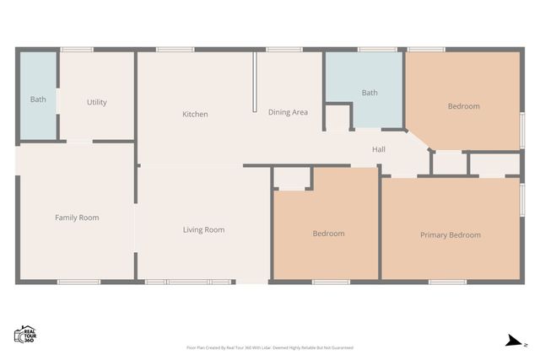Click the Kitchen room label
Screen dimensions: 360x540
click(195, 114)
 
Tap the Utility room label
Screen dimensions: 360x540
click(97, 102)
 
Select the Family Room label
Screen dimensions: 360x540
click(77, 218)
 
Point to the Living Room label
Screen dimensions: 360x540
click(203, 229)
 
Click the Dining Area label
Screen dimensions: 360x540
click(288, 112)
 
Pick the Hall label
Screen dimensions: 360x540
click(379, 149)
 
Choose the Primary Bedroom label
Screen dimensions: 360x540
click(451, 234)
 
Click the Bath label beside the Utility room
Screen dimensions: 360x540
click(38, 99)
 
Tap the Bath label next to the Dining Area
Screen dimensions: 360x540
click(370, 93)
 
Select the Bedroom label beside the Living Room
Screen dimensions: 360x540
click(328, 234)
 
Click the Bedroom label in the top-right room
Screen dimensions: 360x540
click(463, 106)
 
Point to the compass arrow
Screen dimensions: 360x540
click(511, 341)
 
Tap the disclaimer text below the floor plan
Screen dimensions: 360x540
click(269, 347)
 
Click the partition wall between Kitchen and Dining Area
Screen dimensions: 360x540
click(254, 82)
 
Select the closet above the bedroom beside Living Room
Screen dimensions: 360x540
click(292, 178)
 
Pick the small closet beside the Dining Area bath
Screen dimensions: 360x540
click(337, 117)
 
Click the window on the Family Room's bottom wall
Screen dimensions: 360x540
click(77, 281)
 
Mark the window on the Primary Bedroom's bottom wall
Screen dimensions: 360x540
click(447, 281)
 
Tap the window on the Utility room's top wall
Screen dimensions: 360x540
click(77, 50)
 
